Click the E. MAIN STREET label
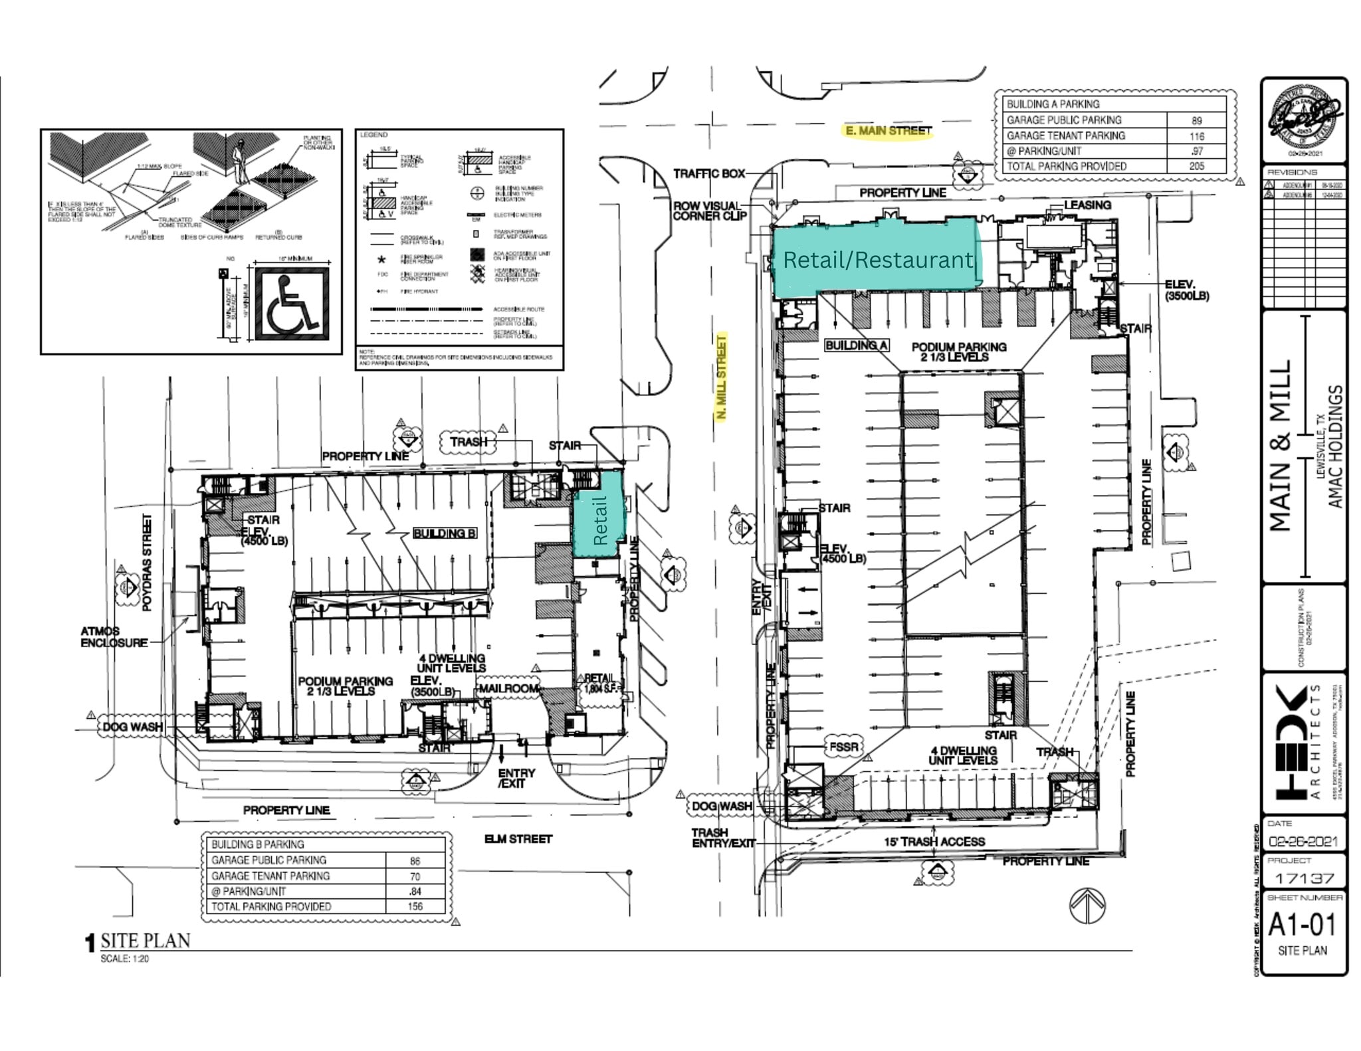(x=889, y=131)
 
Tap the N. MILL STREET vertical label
(x=721, y=377)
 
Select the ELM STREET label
(x=518, y=839)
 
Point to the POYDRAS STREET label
(x=147, y=562)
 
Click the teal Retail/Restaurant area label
(x=877, y=260)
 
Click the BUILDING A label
(x=856, y=345)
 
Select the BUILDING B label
(x=444, y=533)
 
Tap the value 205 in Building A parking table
(x=1196, y=166)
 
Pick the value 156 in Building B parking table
(x=415, y=906)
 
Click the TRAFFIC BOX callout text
(x=709, y=173)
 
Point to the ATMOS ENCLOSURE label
(x=114, y=636)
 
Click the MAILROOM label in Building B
(x=508, y=688)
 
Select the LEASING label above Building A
(x=1087, y=205)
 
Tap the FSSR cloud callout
(x=843, y=747)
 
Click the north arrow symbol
(x=1087, y=906)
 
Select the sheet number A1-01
(x=1301, y=925)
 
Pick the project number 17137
(x=1304, y=878)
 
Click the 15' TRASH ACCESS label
(x=934, y=842)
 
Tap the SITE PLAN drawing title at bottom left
(x=145, y=941)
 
